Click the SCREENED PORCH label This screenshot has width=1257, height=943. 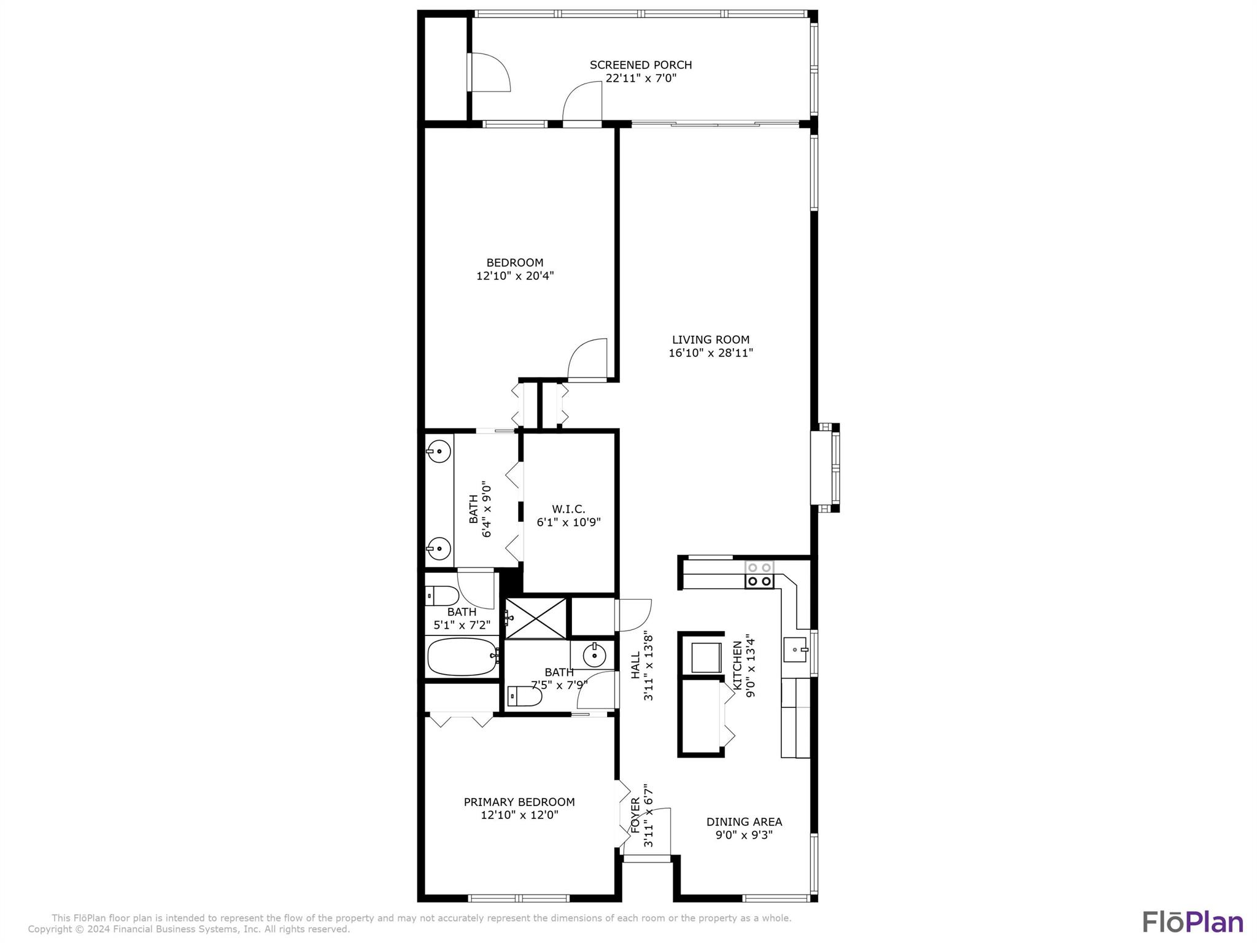[x=640, y=64]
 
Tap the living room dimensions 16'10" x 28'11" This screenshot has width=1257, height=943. [x=710, y=353]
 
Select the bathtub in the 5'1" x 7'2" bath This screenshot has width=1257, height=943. [x=462, y=657]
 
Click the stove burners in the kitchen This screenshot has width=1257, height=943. [x=759, y=574]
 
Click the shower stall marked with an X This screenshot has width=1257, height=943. [x=535, y=618]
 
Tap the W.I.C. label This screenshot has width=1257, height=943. [x=568, y=509]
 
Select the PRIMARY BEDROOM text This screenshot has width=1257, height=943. [x=519, y=802]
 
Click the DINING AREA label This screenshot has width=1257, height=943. [x=744, y=821]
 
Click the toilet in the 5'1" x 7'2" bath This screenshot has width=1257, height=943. [x=442, y=596]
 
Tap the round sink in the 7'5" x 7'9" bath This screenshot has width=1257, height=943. [x=594, y=656]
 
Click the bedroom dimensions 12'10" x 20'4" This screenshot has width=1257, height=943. [x=515, y=276]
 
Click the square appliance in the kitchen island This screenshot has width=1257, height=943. [x=706, y=657]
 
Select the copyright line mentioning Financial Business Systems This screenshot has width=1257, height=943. [x=189, y=929]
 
